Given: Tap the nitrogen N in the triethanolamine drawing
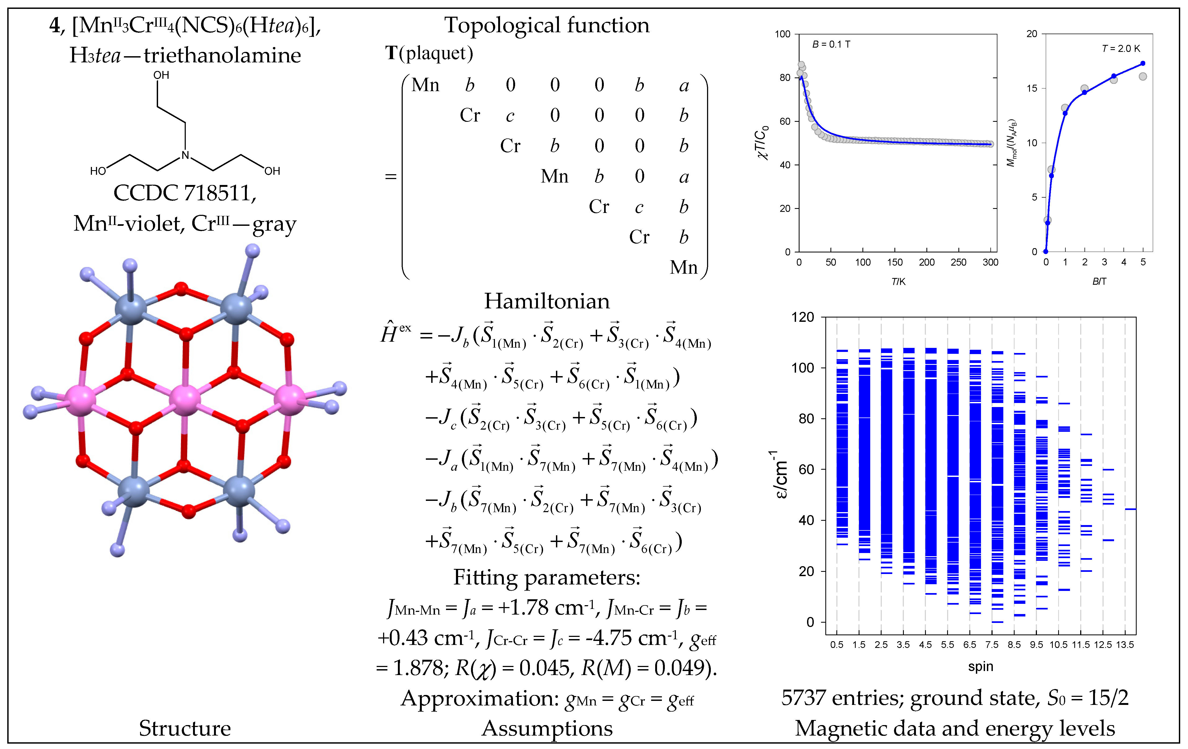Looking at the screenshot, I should tap(185, 155).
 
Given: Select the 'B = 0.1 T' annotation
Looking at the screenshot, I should tap(831, 44).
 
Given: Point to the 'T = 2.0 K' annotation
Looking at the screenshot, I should tap(1121, 48).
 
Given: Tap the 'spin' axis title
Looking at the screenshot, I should tap(980, 667).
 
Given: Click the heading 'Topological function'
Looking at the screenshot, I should tap(547, 25).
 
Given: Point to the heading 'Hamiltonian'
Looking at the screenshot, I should tap(547, 301).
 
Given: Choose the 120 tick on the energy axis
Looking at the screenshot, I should tap(803, 317).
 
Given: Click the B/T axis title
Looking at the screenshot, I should tap(1099, 281).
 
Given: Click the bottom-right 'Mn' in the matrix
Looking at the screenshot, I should tap(683, 267).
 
